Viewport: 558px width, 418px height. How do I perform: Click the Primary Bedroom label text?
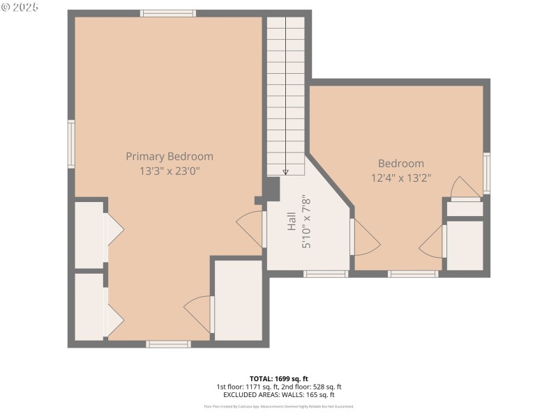169,157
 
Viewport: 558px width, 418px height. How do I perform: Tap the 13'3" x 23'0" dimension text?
169,170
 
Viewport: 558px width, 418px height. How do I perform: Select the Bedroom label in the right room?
401,164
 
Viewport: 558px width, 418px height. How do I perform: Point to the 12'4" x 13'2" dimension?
401,178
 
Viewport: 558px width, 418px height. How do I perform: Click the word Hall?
292,222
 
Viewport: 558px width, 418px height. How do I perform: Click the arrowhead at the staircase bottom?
286,171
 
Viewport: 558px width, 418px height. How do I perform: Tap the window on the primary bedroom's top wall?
168,13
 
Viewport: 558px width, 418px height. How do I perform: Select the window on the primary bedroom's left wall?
71,144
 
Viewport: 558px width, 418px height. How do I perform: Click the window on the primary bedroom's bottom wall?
168,343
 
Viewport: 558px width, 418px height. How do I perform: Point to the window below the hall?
326,274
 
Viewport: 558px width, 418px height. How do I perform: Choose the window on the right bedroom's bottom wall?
413,274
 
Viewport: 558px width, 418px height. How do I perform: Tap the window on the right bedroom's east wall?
487,173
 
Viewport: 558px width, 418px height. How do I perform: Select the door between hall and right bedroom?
364,237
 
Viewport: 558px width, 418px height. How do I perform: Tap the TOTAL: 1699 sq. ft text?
278,378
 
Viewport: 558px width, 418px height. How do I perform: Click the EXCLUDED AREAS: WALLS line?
278,394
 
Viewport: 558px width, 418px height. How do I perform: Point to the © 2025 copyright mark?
20,7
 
